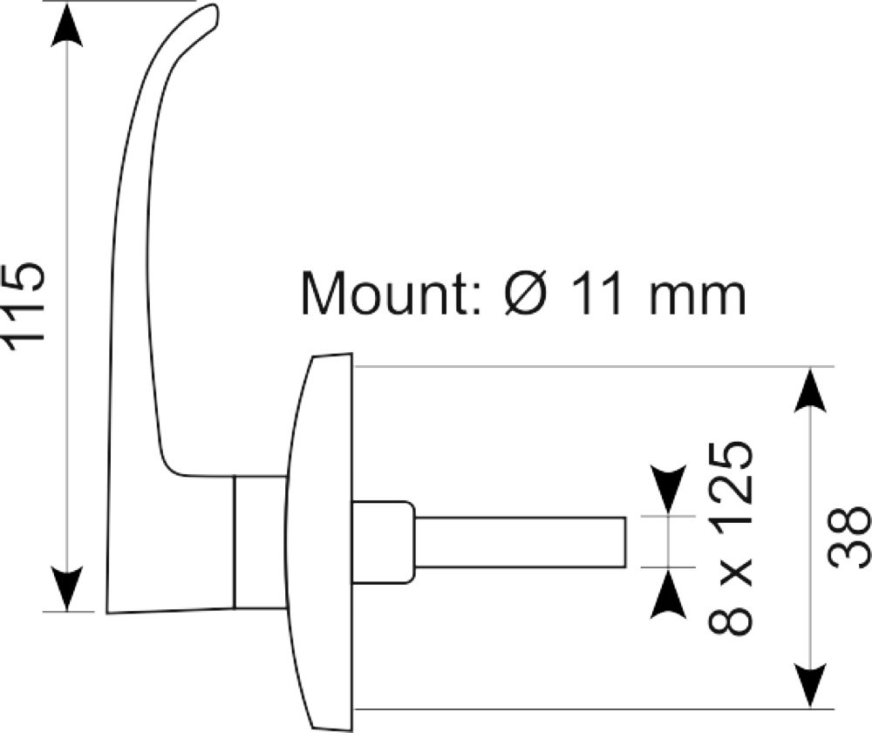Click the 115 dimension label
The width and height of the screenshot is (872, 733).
point(24,307)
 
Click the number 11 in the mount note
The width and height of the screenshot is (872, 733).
point(600,294)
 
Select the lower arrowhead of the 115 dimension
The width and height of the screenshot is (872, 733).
point(67,589)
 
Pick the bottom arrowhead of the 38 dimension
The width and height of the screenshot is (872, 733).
point(811,687)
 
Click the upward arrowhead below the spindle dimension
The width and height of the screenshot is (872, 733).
point(668,594)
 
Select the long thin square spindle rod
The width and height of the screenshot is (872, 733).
point(521,542)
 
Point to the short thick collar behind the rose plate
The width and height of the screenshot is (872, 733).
point(383,542)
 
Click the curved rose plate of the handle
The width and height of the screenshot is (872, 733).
point(320,542)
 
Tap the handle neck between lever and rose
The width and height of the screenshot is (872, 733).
point(260,542)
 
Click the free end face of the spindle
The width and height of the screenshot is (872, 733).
point(625,542)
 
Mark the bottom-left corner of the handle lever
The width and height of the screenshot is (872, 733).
point(107,613)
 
